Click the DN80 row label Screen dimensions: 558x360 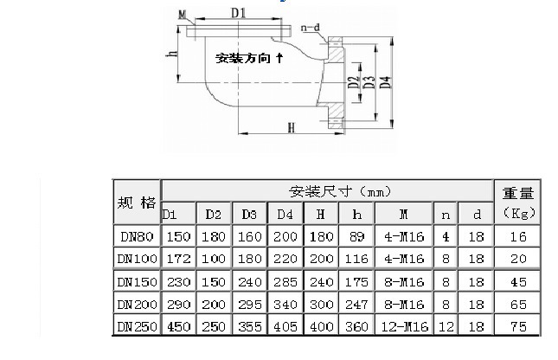pos(137,235)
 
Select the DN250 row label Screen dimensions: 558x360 pos(137,326)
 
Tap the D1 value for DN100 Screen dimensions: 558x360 pos(178,259)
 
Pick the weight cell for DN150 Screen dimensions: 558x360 pos(517,281)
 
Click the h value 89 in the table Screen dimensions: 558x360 pos(355,235)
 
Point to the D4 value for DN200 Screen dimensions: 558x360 pos(285,304)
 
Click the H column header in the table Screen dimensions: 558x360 pos(320,214)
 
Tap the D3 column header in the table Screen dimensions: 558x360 pos(249,214)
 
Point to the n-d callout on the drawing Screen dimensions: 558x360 pos(311,28)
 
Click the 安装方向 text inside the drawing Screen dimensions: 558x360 pos(245,58)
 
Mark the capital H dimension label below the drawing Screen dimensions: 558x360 pos(291,128)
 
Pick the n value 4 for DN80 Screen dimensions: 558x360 pos(446,235)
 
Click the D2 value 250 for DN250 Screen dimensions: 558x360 pos(214,326)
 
